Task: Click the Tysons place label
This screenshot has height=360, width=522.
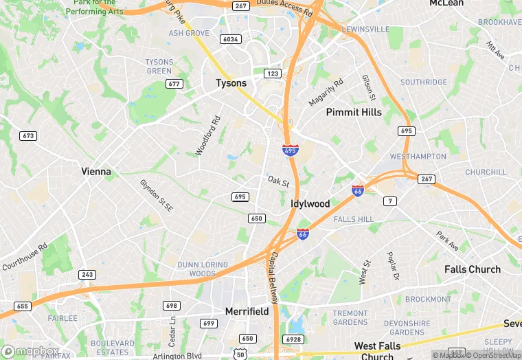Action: click(231, 83)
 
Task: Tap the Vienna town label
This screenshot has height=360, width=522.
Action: click(96, 172)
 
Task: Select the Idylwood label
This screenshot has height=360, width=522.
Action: click(310, 204)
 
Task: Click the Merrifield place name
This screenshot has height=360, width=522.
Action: click(247, 311)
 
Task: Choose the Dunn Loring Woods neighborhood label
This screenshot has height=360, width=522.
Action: click(197, 269)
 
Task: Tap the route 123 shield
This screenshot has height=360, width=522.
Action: click(273, 73)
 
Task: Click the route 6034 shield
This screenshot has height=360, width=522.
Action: click(230, 39)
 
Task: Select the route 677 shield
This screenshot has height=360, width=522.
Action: click(174, 84)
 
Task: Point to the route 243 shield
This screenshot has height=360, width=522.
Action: click(87, 275)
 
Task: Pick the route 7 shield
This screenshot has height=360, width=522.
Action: click(390, 201)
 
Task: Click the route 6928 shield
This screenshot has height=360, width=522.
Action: click(292, 339)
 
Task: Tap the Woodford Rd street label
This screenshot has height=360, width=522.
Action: click(207, 135)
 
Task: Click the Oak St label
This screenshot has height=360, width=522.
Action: click(278, 181)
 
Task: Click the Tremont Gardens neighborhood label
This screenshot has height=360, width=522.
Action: click(350, 317)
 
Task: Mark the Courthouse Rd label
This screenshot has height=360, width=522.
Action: click(24, 256)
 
